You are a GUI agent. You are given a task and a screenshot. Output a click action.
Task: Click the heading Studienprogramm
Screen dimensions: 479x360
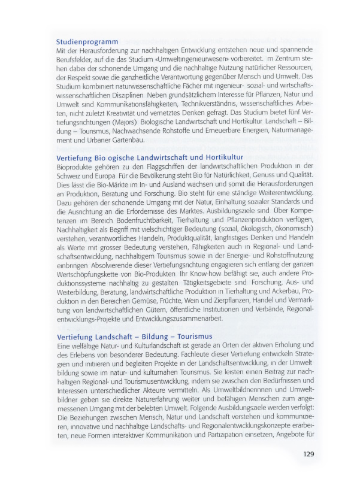[86, 42]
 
